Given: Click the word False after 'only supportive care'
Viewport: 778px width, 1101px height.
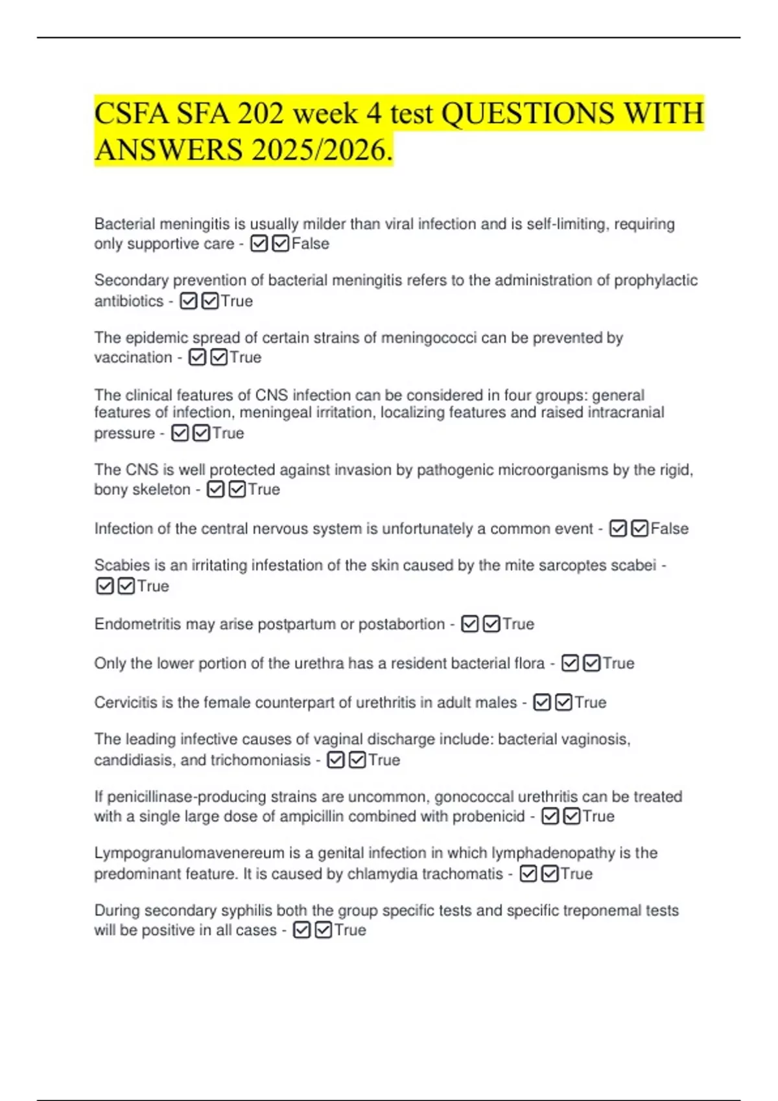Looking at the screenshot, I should click(311, 244).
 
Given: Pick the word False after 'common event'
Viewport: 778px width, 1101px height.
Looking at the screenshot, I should click(669, 528).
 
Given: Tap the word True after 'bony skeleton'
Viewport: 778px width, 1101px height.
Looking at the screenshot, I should click(264, 490).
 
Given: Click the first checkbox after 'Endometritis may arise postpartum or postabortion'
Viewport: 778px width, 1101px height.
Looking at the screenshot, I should click(470, 624).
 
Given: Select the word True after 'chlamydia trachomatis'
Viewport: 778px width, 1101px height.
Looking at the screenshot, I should click(576, 874).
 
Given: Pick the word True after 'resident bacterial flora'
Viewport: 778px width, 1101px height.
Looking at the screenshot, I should click(619, 663).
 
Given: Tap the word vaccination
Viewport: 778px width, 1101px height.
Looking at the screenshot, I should click(133, 358).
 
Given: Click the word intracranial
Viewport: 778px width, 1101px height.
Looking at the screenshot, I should click(626, 413).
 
